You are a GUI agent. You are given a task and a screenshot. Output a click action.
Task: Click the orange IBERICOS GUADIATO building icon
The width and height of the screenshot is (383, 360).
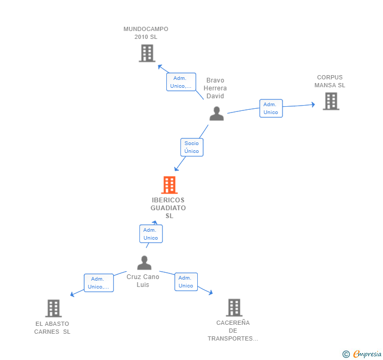tap(169, 185)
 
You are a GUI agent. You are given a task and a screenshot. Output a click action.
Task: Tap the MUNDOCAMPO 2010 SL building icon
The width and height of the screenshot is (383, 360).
tap(147, 53)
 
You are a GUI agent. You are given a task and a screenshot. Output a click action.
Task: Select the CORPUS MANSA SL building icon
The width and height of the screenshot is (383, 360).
tap(331, 101)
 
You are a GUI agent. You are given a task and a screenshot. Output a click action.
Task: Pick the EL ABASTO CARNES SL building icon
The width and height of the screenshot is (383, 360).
tap(54, 308)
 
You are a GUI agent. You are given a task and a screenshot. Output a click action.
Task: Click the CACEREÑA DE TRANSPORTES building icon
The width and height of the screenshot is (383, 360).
tap(234, 307)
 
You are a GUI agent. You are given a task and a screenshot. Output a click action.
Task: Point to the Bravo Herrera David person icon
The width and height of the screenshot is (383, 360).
tap(216, 114)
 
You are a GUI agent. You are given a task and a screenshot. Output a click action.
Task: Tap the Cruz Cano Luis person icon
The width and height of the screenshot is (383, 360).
tap(144, 263)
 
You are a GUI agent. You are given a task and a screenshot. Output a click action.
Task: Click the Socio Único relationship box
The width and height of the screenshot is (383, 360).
tap(191, 147)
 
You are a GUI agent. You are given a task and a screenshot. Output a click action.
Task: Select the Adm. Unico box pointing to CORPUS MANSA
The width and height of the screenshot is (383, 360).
tap(271, 108)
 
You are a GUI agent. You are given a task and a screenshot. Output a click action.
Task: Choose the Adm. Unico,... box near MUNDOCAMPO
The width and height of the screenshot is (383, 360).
tap(181, 82)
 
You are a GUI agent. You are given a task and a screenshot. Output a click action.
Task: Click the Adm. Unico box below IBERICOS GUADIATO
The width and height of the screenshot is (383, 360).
tap(151, 234)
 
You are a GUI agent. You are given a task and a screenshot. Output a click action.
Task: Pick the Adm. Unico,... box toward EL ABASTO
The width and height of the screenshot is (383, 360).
tap(99, 283)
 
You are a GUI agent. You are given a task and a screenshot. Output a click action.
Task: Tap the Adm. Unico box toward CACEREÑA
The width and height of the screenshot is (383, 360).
tap(186, 282)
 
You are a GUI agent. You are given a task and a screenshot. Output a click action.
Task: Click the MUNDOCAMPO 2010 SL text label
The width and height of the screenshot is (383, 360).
tap(146, 33)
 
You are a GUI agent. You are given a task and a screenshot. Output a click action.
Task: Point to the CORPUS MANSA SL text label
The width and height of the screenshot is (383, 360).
tap(330, 81)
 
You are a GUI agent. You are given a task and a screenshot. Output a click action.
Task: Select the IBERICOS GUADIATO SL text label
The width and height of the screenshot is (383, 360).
tap(168, 208)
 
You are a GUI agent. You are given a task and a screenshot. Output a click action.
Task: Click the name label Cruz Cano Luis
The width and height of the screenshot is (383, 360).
tap(143, 281)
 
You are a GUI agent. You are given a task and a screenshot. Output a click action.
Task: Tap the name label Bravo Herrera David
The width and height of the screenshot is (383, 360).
tap(215, 88)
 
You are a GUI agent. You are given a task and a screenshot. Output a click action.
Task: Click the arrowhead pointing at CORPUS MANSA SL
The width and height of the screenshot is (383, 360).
tap(313, 105)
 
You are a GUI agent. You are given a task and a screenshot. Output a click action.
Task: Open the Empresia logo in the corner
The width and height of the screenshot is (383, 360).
tap(362, 354)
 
